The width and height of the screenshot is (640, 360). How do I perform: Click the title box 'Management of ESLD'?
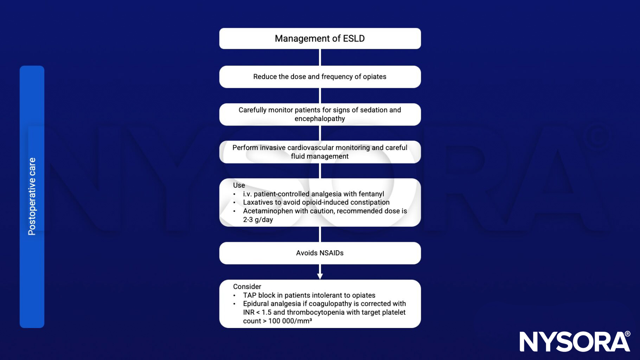coord(320,39)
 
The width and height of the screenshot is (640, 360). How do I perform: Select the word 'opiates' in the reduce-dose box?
coord(375,77)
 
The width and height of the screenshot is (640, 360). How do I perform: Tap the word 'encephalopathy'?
coord(320,119)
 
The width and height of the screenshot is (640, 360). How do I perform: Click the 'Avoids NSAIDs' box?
coord(320,253)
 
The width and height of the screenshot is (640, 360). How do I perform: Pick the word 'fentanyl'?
coord(371,194)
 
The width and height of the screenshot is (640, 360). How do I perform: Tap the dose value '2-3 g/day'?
coord(258,220)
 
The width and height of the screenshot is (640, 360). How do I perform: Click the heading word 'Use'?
coord(239,185)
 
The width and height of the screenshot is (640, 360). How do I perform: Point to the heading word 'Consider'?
coord(247,287)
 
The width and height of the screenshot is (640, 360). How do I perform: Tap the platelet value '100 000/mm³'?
coord(290,321)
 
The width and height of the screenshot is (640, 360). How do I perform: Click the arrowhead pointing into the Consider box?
coord(320,276)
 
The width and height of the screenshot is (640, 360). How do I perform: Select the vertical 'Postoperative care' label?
coord(32,196)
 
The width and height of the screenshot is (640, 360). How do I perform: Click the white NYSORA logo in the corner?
coord(575,341)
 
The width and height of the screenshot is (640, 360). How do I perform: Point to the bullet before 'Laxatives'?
coord(235,203)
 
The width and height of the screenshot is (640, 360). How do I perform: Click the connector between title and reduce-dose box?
coord(320,57)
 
